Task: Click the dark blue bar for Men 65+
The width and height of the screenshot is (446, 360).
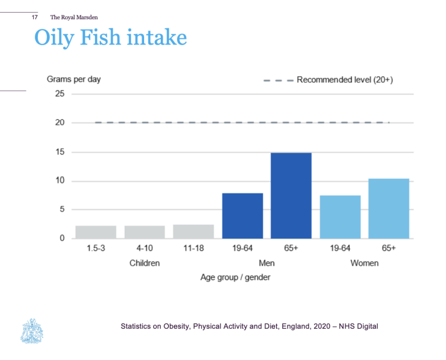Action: pos(291,196)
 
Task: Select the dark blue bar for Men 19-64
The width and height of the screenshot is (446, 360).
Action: pos(243,215)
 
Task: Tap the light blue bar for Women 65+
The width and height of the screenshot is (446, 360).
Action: pos(389,208)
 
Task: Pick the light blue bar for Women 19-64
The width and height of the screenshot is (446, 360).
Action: pos(340,217)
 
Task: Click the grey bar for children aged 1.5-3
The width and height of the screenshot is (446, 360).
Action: pos(96,232)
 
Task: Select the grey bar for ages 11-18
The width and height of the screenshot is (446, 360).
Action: pos(193,232)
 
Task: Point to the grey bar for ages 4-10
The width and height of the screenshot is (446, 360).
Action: pos(145,232)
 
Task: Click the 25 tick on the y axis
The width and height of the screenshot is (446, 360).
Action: pos(59,94)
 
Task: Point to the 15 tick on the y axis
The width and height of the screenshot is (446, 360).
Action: pos(59,152)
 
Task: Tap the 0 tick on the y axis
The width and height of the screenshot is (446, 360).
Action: pos(62,238)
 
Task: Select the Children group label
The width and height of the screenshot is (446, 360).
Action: pos(145,263)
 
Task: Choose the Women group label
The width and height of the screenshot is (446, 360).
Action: pos(364,263)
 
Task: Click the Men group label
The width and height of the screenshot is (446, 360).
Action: pos(267,263)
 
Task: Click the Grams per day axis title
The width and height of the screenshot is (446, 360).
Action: pos(74,79)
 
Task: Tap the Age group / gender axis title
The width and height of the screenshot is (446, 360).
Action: pos(235,278)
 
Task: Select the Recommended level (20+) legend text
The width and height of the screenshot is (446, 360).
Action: pos(345,79)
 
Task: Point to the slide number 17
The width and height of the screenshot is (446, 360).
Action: pos(34,17)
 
